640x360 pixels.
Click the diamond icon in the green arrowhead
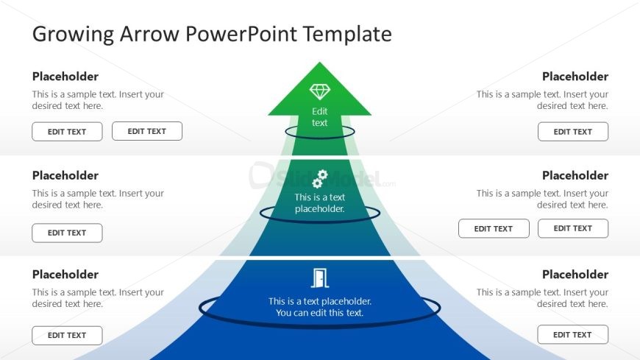pyautogui.click(x=320, y=91)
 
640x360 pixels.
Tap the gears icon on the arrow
pyautogui.click(x=320, y=179)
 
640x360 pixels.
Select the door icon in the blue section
pyautogui.click(x=320, y=278)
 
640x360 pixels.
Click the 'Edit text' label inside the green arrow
pyautogui.click(x=320, y=117)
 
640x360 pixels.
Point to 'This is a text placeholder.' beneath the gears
pyautogui.click(x=320, y=202)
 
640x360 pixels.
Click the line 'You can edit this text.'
pyautogui.click(x=320, y=313)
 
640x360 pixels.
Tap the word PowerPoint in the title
pyautogui.click(x=241, y=34)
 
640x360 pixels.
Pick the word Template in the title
pyautogui.click(x=348, y=34)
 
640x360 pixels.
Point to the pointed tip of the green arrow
pyautogui.click(x=320, y=64)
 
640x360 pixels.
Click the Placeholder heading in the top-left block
pyautogui.click(x=65, y=77)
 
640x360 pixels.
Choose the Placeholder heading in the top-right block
pyautogui.click(x=575, y=77)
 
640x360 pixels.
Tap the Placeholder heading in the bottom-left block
pyautogui.click(x=65, y=275)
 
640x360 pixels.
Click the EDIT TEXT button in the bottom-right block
pyautogui.click(x=573, y=335)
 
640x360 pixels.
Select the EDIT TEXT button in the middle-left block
pyautogui.click(x=67, y=233)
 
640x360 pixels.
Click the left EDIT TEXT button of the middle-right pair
pyautogui.click(x=494, y=229)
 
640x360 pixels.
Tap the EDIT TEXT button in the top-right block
pyautogui.click(x=573, y=132)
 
